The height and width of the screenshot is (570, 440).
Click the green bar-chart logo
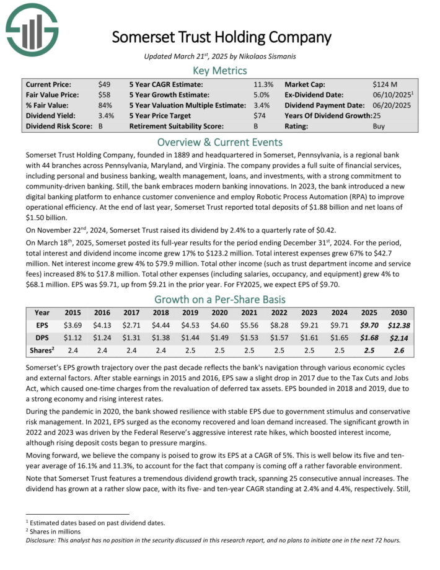[32, 29]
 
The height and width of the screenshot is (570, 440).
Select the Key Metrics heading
[220, 70]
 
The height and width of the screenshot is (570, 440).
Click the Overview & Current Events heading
[220, 141]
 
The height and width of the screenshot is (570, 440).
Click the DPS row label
[42, 337]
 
